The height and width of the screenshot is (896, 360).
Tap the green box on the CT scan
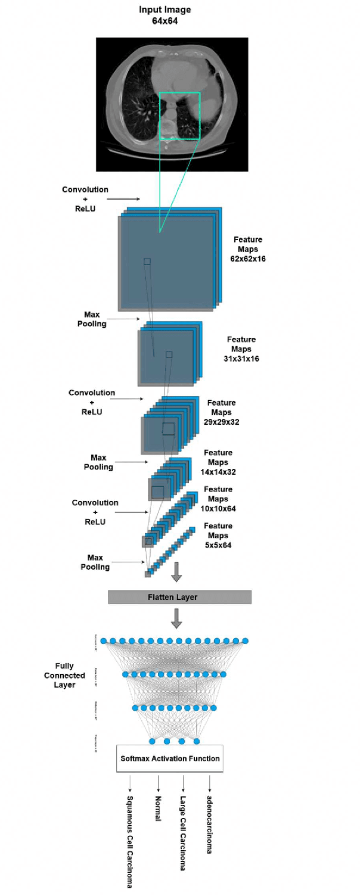tap(179, 116)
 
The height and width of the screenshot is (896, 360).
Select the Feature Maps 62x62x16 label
tap(247, 249)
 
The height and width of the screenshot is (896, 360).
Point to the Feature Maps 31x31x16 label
tap(243, 349)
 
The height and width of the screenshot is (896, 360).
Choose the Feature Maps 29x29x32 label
tap(221, 412)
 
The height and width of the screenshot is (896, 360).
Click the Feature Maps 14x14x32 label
tap(218, 462)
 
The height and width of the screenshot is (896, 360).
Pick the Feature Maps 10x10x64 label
tap(218, 499)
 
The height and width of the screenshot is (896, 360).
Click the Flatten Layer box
tap(179, 597)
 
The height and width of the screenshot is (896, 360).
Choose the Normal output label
tap(158, 807)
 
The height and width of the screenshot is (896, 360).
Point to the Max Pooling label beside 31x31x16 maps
tap(95, 319)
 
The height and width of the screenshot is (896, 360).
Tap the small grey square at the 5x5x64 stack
tap(147, 574)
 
